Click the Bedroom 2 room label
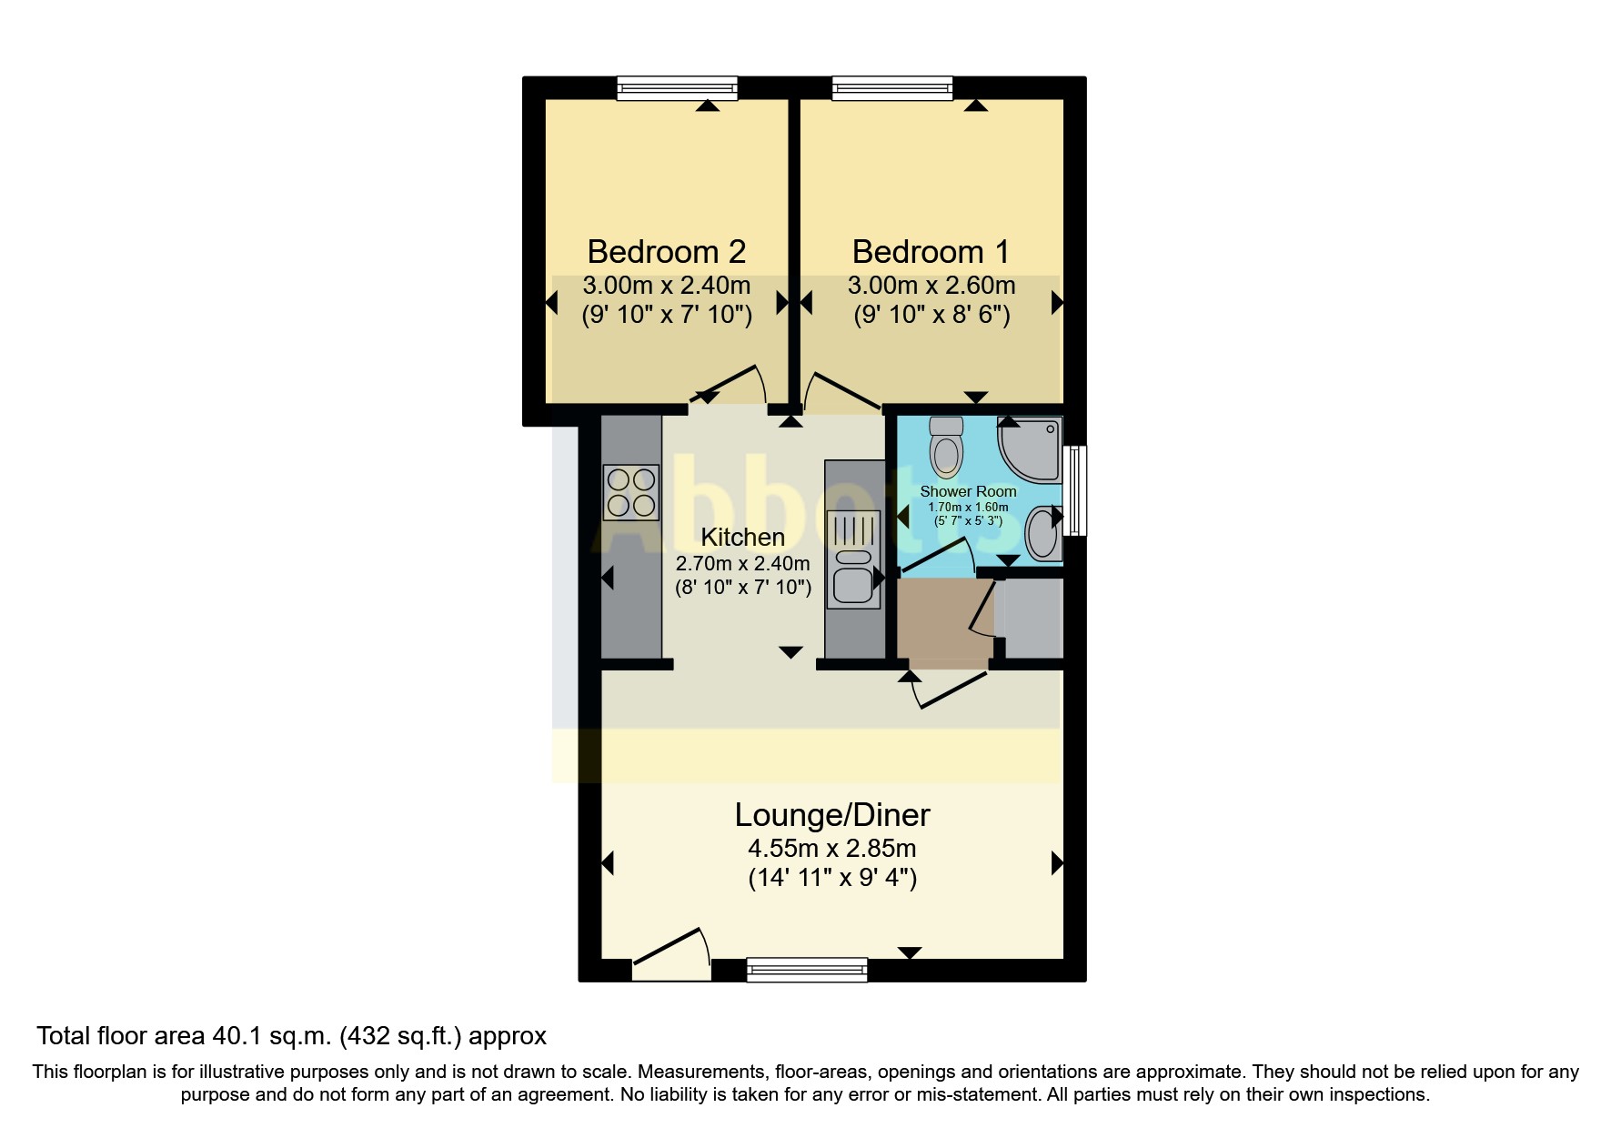pos(666,251)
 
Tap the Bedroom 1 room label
pos(930,251)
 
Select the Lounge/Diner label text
pos(831,815)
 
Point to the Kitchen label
pos(742,537)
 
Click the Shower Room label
pos(968,492)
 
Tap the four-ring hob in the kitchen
pos(631,492)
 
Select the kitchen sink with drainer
pos(852,559)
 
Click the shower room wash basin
pos(1042,534)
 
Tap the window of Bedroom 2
pos(677,88)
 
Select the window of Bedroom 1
pos(892,88)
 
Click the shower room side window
pos(1077,489)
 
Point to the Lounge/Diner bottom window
pos(807,971)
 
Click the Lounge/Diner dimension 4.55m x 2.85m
pos(831,849)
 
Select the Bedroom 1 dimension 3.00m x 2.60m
pos(931,286)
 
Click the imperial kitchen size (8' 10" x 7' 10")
pos(742,588)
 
